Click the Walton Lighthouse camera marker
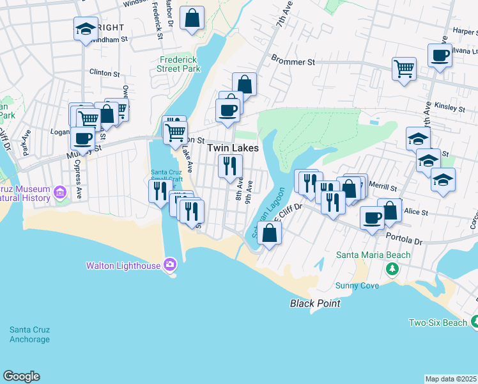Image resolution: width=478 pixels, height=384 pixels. click(x=169, y=264)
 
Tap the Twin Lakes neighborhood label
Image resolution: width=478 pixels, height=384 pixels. click(x=233, y=148)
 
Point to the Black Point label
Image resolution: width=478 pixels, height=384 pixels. click(x=315, y=303)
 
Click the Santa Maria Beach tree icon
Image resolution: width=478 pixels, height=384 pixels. click(x=391, y=268)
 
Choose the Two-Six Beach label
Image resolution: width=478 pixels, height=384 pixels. click(x=438, y=323)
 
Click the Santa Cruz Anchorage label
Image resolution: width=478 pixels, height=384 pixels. click(x=29, y=335)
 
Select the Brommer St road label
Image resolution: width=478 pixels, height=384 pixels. click(x=293, y=63)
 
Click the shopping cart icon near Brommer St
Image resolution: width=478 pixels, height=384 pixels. click(x=405, y=68)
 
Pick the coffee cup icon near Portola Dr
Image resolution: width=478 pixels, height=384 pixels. click(x=372, y=217)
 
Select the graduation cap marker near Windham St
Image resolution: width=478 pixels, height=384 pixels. click(x=85, y=28)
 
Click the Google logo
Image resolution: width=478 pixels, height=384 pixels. click(x=21, y=376)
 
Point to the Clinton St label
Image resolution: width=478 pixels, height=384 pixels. click(x=105, y=73)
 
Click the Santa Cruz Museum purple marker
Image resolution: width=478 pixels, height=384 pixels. click(x=60, y=191)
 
